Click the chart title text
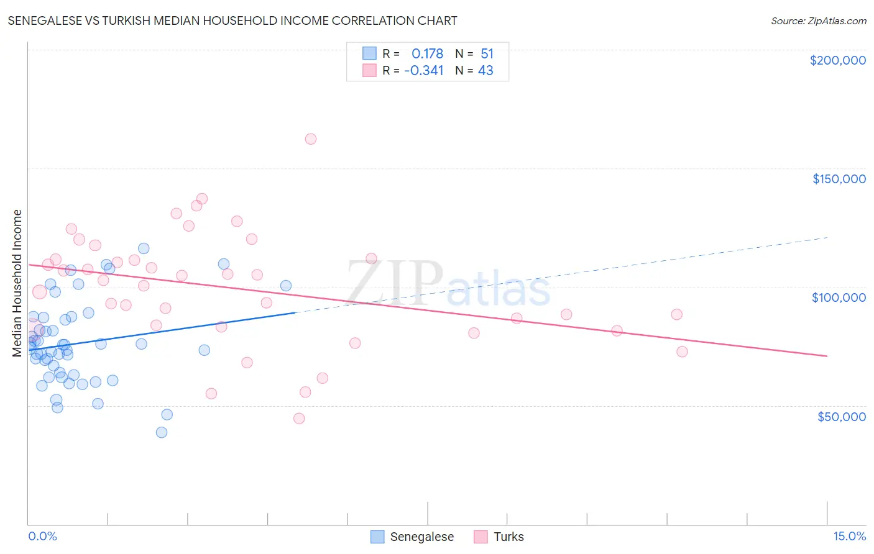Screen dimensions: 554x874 point(232,20)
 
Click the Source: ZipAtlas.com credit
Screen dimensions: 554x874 point(818,20)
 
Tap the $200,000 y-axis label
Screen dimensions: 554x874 point(837,60)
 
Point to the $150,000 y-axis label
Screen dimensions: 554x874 point(839,179)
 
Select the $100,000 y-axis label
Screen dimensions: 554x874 point(839,297)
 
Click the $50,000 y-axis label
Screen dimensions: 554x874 point(841,416)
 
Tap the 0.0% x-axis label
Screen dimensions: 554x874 point(42,536)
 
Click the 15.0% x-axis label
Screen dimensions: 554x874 point(849,536)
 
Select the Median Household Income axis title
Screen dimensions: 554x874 point(17,283)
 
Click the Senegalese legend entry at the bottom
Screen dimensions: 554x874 point(413,537)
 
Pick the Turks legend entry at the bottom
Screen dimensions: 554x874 point(499,537)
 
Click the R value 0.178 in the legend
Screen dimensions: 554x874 point(427,54)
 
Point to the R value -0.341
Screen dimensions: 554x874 point(424,71)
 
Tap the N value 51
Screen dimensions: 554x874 point(487,54)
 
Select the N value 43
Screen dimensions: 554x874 point(485,71)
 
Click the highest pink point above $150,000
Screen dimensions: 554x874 point(311,139)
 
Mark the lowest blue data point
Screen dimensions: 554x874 point(162,432)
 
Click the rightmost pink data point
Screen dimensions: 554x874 point(682,352)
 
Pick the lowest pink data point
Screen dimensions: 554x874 point(299,419)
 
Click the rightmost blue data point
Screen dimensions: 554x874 point(286,286)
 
